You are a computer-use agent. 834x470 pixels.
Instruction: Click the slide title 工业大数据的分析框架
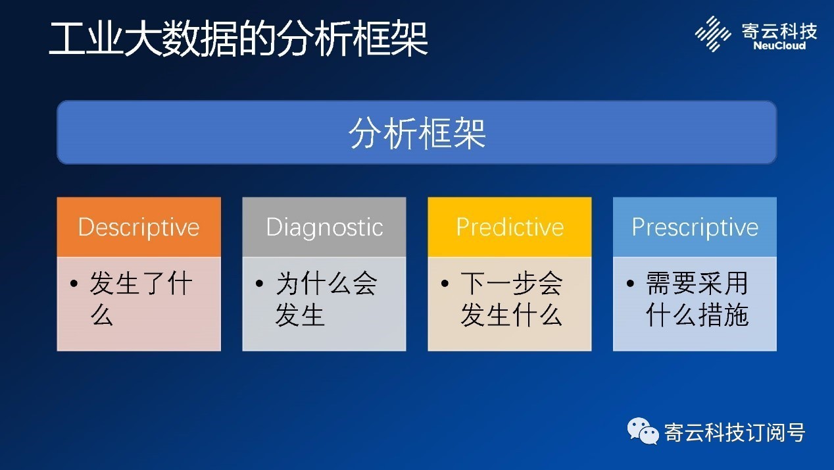click(238, 39)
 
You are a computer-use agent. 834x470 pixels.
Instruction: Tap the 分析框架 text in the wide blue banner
click(417, 133)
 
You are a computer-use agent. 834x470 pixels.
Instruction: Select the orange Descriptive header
click(139, 227)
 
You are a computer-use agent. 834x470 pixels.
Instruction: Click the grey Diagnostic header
click(324, 227)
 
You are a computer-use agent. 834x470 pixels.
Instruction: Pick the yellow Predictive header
click(510, 227)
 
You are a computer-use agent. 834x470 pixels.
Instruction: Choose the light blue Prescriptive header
click(695, 227)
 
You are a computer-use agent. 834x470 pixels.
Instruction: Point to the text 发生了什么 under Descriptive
click(141, 299)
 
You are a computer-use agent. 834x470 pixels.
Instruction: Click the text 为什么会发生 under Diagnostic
click(326, 299)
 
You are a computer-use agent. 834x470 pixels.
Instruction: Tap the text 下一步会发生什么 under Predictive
click(511, 299)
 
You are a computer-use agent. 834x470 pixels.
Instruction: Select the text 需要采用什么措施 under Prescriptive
click(697, 299)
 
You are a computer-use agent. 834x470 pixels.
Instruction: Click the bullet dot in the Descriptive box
click(74, 284)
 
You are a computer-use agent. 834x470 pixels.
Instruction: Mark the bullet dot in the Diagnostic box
click(260, 284)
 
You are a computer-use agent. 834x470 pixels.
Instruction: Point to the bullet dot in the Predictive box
click(445, 284)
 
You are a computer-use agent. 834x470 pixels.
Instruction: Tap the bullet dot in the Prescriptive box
click(630, 284)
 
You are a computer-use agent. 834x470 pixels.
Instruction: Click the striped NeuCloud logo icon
click(712, 34)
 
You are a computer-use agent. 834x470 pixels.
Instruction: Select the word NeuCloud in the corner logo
click(779, 46)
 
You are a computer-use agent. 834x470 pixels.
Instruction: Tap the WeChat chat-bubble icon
click(643, 431)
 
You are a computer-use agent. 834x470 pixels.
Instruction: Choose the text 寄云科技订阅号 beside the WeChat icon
click(735, 432)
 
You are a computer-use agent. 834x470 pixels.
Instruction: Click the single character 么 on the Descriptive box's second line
click(102, 314)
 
